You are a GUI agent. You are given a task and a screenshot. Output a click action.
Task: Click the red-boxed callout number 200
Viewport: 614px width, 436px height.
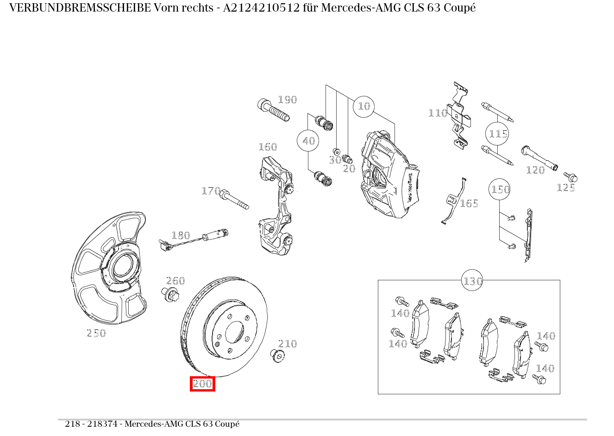tap(202, 384)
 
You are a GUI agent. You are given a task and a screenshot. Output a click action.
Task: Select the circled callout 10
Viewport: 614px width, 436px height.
tap(364, 107)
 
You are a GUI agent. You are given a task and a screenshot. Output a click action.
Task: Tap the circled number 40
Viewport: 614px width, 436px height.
tap(308, 141)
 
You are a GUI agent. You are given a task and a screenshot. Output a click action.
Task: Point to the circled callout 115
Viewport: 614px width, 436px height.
tap(498, 134)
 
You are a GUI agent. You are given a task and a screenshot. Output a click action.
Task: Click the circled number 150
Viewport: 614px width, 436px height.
tap(500, 190)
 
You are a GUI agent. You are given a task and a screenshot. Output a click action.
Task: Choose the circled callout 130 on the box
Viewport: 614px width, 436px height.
tap(472, 281)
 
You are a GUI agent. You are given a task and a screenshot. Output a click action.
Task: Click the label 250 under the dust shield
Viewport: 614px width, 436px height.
tap(96, 333)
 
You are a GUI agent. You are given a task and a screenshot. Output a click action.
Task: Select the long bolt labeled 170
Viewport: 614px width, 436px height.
tap(235, 199)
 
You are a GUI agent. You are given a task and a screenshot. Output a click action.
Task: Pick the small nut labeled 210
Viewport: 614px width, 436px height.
tap(277, 355)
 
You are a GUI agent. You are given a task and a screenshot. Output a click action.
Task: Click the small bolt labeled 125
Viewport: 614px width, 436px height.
tap(571, 177)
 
